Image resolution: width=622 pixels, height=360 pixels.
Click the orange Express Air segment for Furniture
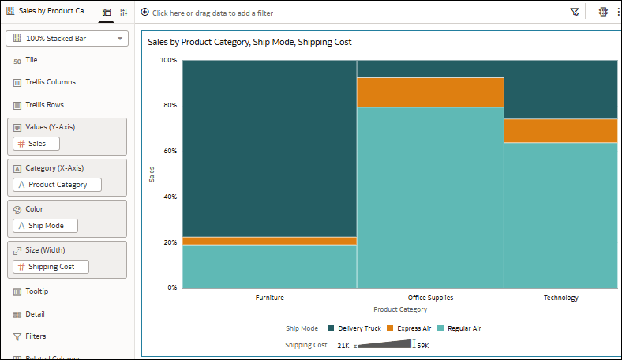click(x=269, y=241)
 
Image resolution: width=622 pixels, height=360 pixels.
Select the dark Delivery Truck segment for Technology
click(x=560, y=89)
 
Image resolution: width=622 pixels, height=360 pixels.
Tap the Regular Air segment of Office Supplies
click(x=430, y=197)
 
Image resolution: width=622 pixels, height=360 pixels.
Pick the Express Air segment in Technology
click(x=560, y=130)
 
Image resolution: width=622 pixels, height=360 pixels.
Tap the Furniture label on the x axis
click(x=269, y=298)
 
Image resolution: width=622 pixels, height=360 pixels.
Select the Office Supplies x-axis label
click(x=430, y=298)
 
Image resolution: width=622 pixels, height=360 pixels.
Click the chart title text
click(x=249, y=42)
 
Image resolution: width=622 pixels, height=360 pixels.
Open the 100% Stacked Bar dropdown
click(x=66, y=38)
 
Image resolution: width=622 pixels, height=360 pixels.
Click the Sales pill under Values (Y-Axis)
click(x=36, y=144)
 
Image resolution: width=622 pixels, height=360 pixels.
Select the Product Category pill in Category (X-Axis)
click(x=57, y=185)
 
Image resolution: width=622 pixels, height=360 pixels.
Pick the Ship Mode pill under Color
click(x=46, y=226)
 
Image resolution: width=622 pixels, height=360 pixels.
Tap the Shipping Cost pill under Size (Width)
click(x=51, y=267)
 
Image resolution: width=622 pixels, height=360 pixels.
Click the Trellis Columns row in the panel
click(x=50, y=82)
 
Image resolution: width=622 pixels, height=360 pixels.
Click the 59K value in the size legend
click(x=423, y=346)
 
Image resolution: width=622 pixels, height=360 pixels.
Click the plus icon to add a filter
click(x=144, y=13)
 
